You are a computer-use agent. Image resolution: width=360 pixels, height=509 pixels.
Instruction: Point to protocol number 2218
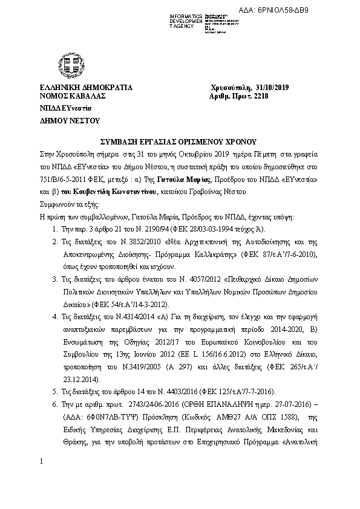point(261,96)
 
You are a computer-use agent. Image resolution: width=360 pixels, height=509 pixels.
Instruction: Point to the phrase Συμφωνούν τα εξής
point(64,204)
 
